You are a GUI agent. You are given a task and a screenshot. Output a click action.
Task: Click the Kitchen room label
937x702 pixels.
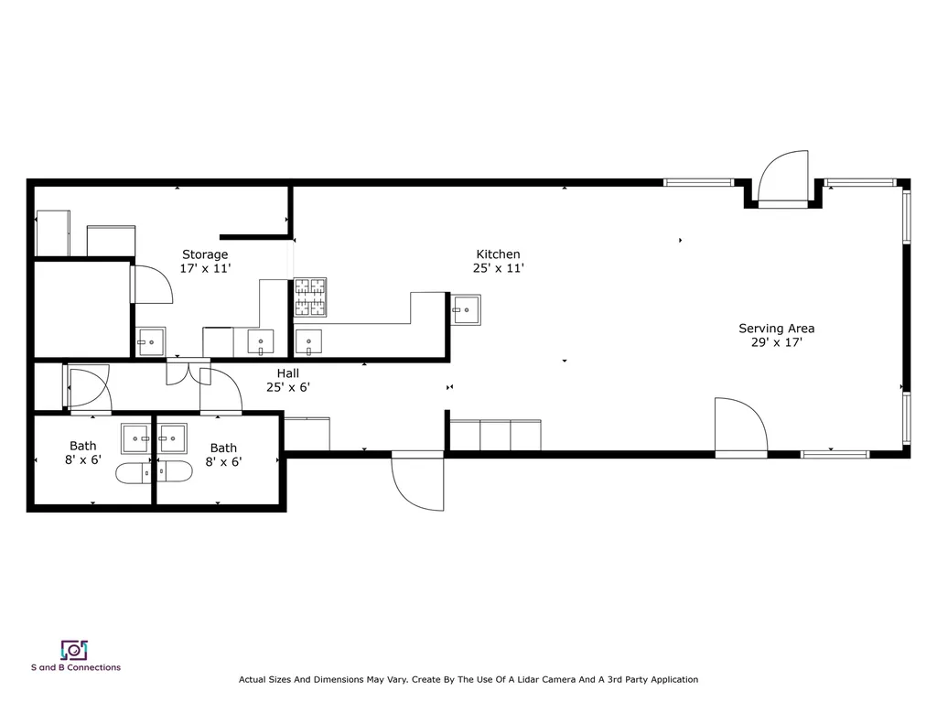pos(498,254)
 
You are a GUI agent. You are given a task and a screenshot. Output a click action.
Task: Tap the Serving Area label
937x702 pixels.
pos(776,329)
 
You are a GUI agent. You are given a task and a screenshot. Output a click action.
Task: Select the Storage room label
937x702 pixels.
pos(205,254)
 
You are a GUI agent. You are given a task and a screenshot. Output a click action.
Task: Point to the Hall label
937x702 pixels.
pos(287,373)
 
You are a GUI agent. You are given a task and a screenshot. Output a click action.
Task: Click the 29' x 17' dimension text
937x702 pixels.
pos(776,343)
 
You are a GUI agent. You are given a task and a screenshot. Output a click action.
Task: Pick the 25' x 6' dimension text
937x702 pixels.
pos(287,387)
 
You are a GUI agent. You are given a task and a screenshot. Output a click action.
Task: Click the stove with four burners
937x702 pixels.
pos(310,297)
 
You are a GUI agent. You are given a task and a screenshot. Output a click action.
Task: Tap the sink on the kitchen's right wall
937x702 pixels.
pos(467,309)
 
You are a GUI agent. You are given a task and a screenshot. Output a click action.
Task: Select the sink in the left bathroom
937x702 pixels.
pos(136,439)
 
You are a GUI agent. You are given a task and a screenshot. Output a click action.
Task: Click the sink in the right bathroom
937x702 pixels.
pos(172,439)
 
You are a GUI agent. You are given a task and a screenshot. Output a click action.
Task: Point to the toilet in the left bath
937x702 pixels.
pos(133,472)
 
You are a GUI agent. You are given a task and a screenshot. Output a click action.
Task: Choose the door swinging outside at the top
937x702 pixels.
pos(783,178)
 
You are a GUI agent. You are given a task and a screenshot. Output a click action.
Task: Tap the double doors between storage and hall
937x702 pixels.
pos(188,373)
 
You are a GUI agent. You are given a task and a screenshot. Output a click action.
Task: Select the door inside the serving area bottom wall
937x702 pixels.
pos(740,427)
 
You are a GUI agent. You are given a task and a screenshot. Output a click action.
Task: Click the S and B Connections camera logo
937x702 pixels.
pos(74,650)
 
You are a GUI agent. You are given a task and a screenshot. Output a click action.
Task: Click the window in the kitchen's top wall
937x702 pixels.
pos(699,182)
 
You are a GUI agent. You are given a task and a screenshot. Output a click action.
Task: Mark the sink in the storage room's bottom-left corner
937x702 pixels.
pos(151,341)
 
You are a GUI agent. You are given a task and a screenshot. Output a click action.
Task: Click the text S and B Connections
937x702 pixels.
pos(75,667)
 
